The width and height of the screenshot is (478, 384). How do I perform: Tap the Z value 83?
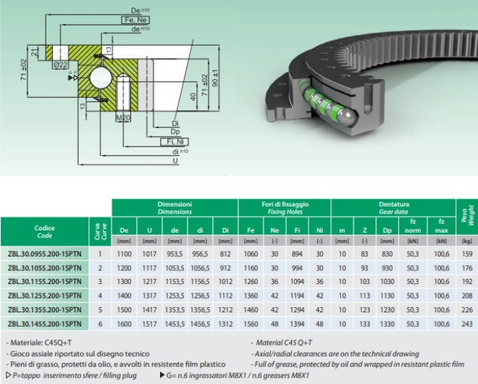click(364, 254)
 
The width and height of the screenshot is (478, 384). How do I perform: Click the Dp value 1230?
click(387, 309)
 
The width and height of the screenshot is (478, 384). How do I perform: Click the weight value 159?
click(466, 254)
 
